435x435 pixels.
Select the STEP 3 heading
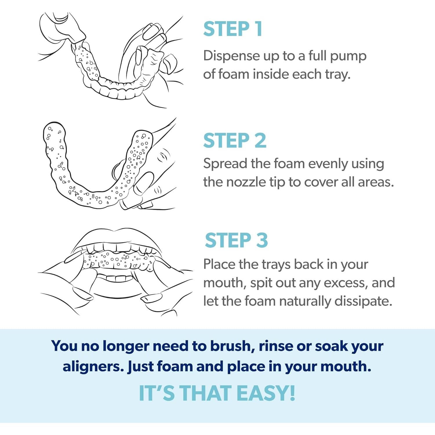(236, 240)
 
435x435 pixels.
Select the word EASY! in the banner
(266, 393)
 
